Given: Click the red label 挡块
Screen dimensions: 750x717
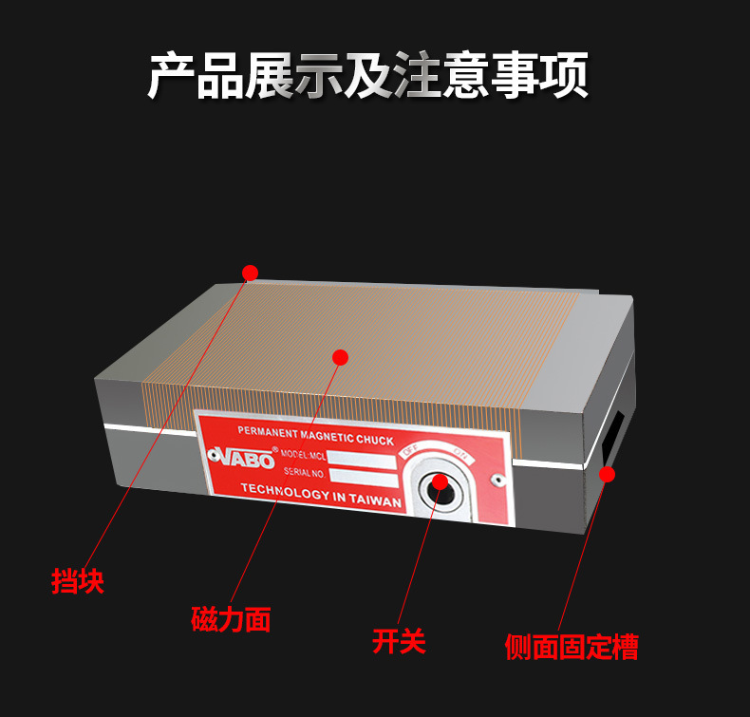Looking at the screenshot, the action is coord(78,580).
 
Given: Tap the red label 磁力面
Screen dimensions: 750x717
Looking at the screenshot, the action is coord(231,619).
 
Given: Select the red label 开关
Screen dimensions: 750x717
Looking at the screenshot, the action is coord(399,641).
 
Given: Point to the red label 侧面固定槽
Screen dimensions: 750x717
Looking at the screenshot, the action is coord(572,648).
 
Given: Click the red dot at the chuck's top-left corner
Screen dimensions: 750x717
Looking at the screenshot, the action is coord(251,274).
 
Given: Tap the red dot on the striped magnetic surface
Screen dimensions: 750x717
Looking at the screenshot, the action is coord(340,357).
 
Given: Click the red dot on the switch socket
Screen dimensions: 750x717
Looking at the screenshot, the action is coord(440,482).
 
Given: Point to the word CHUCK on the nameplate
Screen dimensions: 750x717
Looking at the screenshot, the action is coord(375,441).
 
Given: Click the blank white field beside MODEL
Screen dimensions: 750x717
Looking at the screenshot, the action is coord(361,459).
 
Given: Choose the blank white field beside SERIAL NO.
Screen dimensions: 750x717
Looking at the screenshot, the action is coord(361,474).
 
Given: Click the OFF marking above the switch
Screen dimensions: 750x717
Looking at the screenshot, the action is coord(410,450).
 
